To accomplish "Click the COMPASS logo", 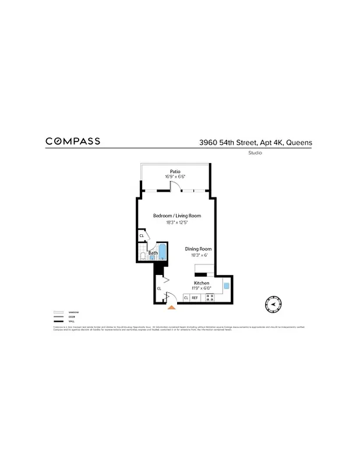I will (73, 141).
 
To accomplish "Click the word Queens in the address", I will (298, 142).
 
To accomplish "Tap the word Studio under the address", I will (255, 153).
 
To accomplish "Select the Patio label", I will (175, 171).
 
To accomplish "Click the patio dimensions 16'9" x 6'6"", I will (175, 176).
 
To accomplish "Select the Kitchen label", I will (202, 283).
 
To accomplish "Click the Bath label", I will (153, 253).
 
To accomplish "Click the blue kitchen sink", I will (227, 286).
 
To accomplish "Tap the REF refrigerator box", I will (195, 298).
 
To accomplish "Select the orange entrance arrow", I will (171, 307).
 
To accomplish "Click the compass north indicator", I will (272, 303).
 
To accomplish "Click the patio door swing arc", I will (173, 186).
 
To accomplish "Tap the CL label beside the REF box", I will (186, 298).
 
